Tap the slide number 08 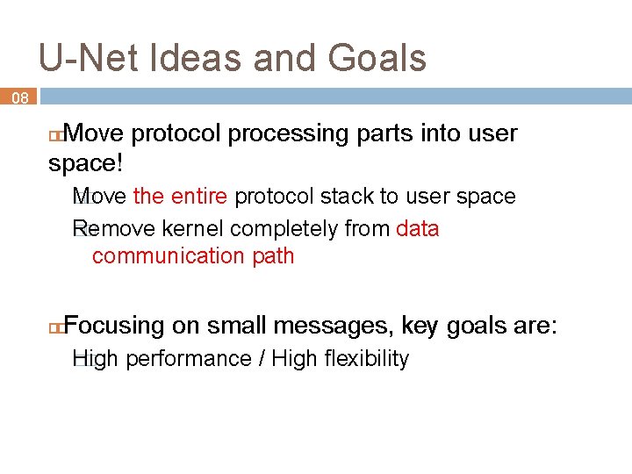tap(19, 99)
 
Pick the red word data tap(418, 230)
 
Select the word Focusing tap(114, 327)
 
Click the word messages tap(333, 327)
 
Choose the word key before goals tap(420, 327)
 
